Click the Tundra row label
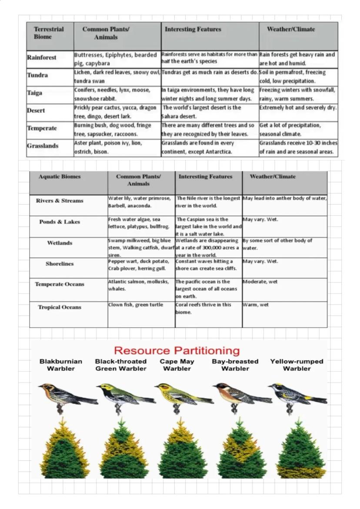[37, 75]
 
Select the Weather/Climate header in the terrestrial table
[291, 30]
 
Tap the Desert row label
[36, 110]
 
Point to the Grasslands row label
[42, 146]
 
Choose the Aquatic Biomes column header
[60, 176]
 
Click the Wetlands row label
[60, 243]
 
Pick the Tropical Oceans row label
[60, 307]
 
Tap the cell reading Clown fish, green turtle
[130, 305]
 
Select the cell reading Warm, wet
[256, 305]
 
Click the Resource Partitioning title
[177, 351]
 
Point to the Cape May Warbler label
[177, 365]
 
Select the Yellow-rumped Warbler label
[297, 365]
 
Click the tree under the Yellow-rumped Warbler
[301, 450]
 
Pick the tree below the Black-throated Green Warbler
[124, 450]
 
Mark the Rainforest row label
[41, 57]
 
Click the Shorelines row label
[60, 264]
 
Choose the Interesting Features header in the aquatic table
[205, 176]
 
